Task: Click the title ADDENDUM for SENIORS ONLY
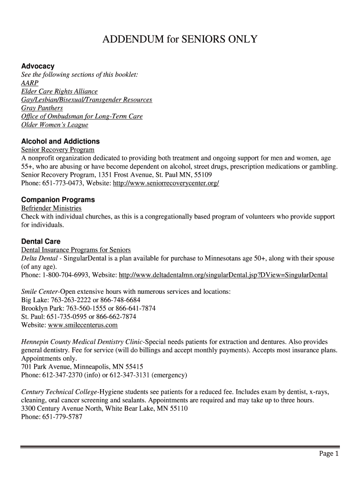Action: tap(180, 39)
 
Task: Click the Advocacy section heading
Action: tap(38, 66)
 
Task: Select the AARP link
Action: tap(30, 83)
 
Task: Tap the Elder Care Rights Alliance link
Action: tap(59, 92)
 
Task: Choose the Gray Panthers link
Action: tap(42, 109)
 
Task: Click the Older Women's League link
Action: tap(55, 125)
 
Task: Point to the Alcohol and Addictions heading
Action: tap(60, 141)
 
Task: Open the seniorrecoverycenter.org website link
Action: tap(166, 183)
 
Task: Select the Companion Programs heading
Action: tap(58, 200)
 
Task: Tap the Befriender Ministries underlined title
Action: tap(51, 208)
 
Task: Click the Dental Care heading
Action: tap(41, 242)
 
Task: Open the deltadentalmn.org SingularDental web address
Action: tap(223, 275)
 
